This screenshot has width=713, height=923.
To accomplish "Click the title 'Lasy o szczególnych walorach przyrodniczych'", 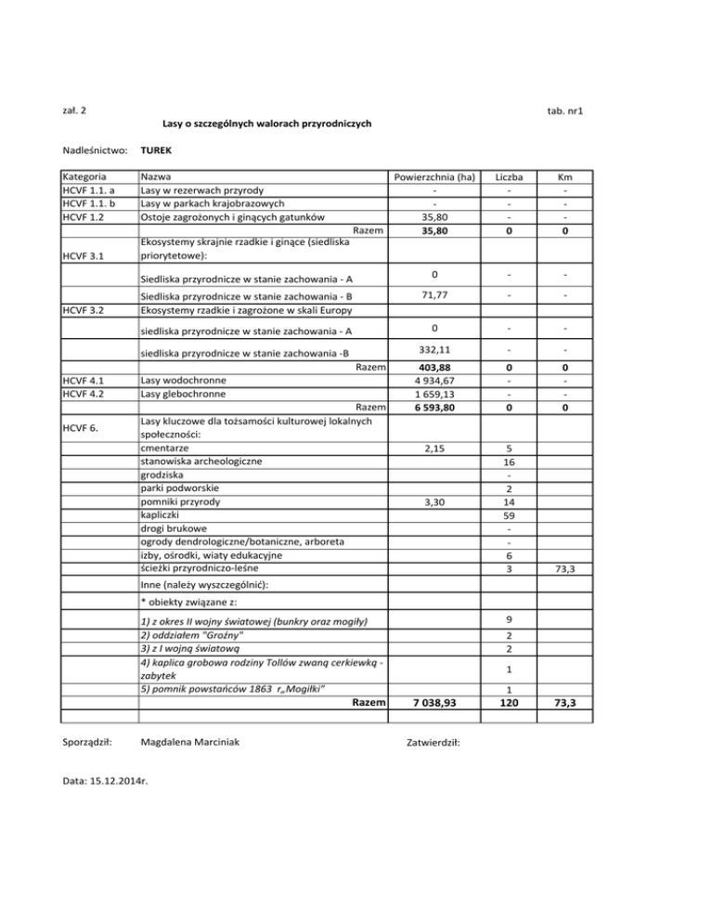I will tap(266, 123).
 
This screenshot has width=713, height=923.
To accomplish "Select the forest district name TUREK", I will tap(156, 149).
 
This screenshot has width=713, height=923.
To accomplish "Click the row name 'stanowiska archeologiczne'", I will tap(200, 461).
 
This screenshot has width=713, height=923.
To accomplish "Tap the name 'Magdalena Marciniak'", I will tap(194, 743).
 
